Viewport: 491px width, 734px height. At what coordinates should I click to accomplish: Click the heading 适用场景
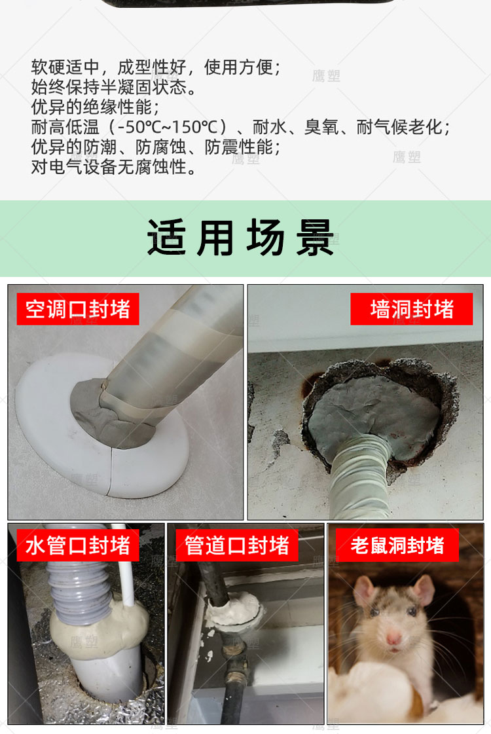click(x=240, y=238)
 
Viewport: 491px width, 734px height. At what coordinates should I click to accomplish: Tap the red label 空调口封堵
click(x=78, y=309)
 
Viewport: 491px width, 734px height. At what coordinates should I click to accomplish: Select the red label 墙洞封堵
click(x=411, y=309)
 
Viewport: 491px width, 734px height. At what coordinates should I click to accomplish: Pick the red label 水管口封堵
click(x=78, y=545)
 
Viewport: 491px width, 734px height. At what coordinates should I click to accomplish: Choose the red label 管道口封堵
click(x=237, y=545)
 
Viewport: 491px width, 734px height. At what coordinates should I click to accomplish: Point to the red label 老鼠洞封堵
click(x=397, y=545)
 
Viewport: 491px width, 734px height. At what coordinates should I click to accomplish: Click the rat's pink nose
click(x=393, y=638)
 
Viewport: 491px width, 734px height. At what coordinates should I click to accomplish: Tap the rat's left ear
click(x=365, y=591)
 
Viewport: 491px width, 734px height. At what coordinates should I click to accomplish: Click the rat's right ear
click(x=424, y=590)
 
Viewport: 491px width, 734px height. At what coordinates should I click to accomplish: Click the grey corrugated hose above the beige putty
click(x=81, y=591)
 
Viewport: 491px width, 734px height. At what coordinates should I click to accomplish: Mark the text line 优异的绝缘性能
click(x=95, y=107)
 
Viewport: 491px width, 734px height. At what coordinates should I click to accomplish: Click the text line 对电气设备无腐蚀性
click(x=114, y=167)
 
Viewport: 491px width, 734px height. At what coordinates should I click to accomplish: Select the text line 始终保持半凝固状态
click(x=114, y=87)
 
